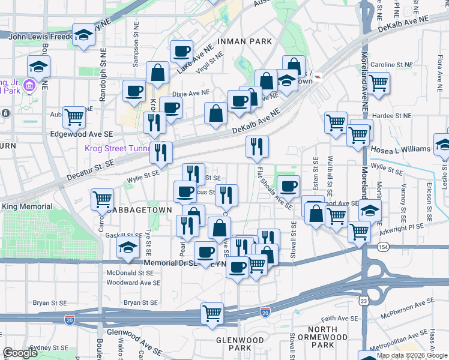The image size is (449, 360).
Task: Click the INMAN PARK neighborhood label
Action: pyautogui.click(x=244, y=41)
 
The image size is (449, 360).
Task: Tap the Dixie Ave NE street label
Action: pyautogui.click(x=191, y=93)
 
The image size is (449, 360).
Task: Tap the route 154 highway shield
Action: pyautogui.click(x=383, y=247)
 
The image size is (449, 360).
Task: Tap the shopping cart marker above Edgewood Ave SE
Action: pyautogui.click(x=74, y=118)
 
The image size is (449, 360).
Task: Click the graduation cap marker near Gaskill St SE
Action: pyautogui.click(x=128, y=247)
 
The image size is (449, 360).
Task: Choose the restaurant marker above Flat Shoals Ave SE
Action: pyautogui.click(x=257, y=146)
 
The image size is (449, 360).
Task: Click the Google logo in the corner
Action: pyautogui.click(x=20, y=353)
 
